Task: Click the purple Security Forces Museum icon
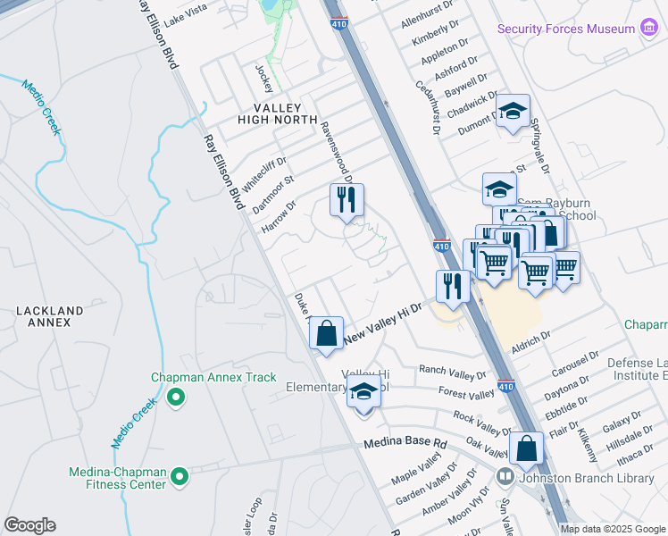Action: coord(649,29)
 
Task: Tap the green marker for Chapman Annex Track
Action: coord(176,396)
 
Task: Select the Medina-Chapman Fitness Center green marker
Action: coord(180,478)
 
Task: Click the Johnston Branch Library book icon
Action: coord(505,478)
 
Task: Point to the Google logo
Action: coord(29,525)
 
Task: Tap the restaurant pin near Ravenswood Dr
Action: coord(347,200)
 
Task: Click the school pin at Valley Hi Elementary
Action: coord(363,394)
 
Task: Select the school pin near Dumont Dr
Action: coord(513,112)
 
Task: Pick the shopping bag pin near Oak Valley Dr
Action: coord(527,448)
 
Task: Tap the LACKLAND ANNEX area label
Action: coord(49,317)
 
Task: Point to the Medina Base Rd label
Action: coord(405,443)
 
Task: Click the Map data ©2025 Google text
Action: coord(612,529)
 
